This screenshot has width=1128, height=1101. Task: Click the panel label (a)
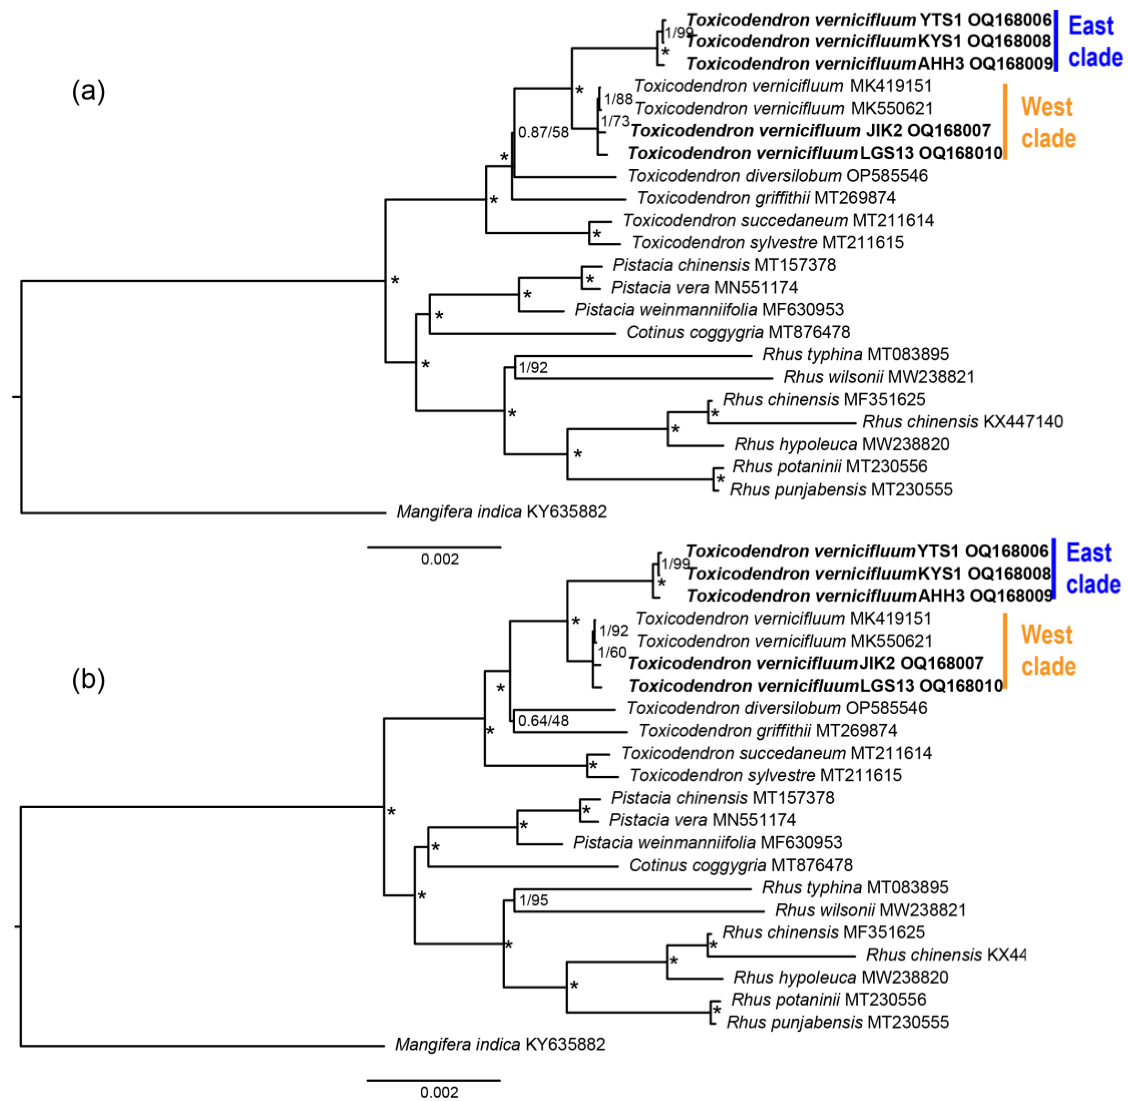[x=88, y=91]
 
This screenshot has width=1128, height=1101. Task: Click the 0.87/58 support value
[x=543, y=132]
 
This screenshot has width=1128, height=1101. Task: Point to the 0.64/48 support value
[x=543, y=721]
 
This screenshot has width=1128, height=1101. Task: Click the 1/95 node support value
[x=533, y=900]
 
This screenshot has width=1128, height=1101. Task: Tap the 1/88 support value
[x=618, y=99]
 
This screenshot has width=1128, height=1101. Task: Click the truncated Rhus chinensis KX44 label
[x=946, y=955]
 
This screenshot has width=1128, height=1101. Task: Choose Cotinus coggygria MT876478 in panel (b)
[x=740, y=866]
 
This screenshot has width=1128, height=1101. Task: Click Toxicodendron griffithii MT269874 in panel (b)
[x=768, y=731]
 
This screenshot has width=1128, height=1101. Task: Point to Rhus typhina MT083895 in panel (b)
[x=855, y=888]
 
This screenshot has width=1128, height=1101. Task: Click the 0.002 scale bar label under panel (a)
[x=440, y=559]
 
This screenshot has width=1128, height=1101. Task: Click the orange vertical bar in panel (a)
[x=1005, y=121]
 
